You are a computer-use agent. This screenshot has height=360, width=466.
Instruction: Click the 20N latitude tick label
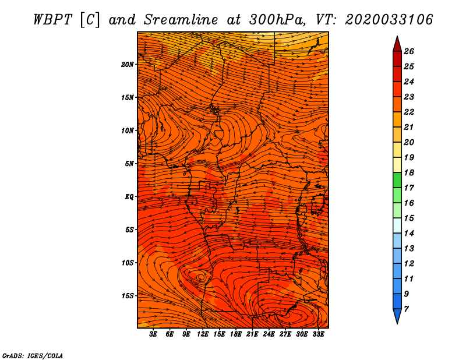click(x=128, y=65)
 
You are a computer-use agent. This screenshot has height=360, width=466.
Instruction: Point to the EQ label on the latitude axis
click(x=129, y=197)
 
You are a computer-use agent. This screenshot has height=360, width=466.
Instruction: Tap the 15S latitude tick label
click(x=128, y=296)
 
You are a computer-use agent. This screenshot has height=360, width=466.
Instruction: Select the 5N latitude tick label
click(x=129, y=164)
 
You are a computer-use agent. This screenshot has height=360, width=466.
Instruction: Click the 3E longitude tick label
click(x=153, y=334)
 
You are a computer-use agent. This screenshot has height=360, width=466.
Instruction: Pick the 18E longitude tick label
click(x=236, y=334)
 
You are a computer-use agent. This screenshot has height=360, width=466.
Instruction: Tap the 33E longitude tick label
click(x=318, y=334)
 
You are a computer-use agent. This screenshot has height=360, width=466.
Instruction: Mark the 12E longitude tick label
click(x=203, y=334)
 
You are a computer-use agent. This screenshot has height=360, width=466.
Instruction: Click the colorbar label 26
click(x=409, y=51)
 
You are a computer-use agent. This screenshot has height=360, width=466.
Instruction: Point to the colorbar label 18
click(x=409, y=172)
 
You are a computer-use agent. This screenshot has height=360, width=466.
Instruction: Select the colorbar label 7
click(x=406, y=309)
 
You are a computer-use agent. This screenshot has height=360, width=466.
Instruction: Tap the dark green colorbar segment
click(x=397, y=180)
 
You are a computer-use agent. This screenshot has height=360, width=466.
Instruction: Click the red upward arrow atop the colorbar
click(x=397, y=44)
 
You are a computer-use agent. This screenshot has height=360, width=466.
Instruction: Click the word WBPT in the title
click(x=52, y=20)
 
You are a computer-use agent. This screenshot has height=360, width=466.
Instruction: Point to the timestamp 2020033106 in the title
click(x=389, y=20)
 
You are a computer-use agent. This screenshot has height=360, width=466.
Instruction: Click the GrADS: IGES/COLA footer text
click(x=33, y=356)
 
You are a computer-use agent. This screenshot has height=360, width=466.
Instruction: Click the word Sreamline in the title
click(x=181, y=20)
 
